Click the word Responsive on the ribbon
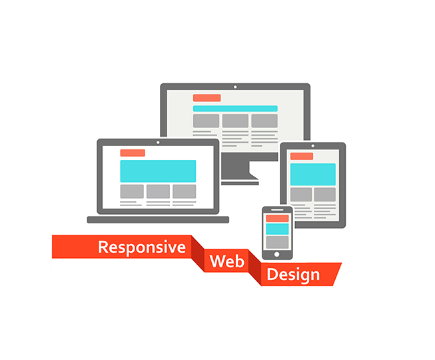tap(141, 247)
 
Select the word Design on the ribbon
tap(293, 274)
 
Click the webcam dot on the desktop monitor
tap(235, 87)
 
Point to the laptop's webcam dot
tap(158, 142)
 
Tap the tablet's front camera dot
tap(312, 146)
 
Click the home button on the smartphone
tap(277, 254)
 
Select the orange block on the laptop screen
tap(133, 153)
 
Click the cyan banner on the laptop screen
tap(158, 171)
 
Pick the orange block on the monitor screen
tap(207, 98)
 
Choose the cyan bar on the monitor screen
tap(235, 108)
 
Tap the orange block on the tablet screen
tap(302, 157)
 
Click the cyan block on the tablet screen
tap(312, 174)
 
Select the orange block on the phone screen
tap(277, 218)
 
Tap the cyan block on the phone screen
tap(277, 229)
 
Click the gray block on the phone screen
tap(277, 241)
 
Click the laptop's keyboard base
tap(158, 219)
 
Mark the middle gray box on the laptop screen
tap(158, 191)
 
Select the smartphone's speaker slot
tap(277, 210)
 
